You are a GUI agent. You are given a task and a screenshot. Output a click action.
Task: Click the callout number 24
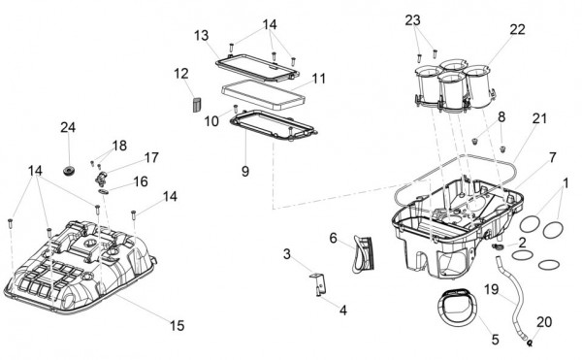pyautogui.click(x=68, y=127)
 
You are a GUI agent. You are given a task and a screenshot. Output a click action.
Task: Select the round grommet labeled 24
pyautogui.click(x=69, y=171)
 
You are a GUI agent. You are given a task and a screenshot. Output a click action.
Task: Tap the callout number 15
pyautogui.click(x=178, y=325)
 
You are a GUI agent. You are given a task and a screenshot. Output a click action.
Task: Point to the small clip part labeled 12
pyautogui.click(x=197, y=104)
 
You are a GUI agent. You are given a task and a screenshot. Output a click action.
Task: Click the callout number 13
pyautogui.click(x=201, y=36)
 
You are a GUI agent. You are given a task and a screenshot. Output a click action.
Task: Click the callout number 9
pyautogui.click(x=245, y=172)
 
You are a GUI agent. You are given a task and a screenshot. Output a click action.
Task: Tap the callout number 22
pyautogui.click(x=517, y=29)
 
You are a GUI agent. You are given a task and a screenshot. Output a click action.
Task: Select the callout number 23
pyautogui.click(x=412, y=20)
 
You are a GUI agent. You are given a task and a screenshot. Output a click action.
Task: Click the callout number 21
pyautogui.click(x=539, y=118)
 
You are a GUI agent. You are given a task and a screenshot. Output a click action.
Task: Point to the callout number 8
pyautogui.click(x=501, y=116)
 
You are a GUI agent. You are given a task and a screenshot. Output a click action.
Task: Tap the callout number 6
pyautogui.click(x=333, y=238)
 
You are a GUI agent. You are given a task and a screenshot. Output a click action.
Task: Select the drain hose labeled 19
pyautogui.click(x=511, y=297)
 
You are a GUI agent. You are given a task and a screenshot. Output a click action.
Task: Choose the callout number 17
pyautogui.click(x=151, y=157)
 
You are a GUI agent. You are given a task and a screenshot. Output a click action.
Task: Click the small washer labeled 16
pyautogui.click(x=104, y=191)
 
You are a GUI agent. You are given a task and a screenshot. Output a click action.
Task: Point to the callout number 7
pyautogui.click(x=552, y=157)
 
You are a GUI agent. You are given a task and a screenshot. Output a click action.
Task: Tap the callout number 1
pyautogui.click(x=566, y=183)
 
